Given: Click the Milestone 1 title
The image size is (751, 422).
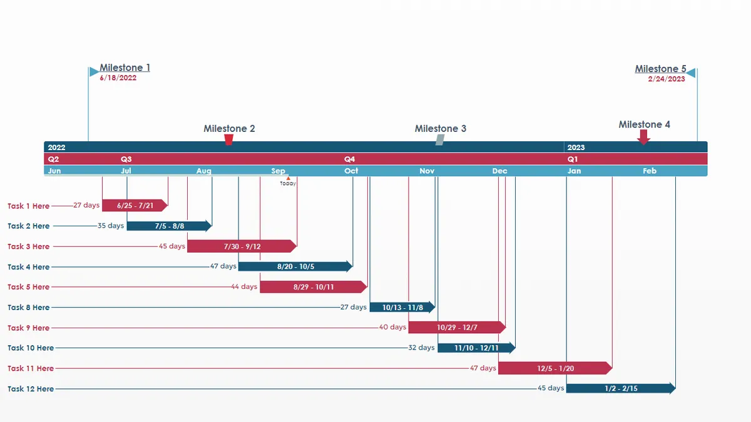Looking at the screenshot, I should [125, 68].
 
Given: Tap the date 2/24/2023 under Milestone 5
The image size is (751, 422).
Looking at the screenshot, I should [667, 79].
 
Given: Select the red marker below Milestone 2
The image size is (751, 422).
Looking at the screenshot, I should [229, 139].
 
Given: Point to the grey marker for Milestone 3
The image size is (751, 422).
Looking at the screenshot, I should [440, 139].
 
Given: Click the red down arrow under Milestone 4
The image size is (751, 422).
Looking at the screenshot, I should [644, 137].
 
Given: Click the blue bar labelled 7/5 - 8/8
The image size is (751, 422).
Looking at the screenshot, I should [169, 226].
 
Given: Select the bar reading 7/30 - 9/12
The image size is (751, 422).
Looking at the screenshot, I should [242, 246].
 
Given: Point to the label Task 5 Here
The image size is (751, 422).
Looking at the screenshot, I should [28, 287].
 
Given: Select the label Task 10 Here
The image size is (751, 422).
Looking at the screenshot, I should [31, 348].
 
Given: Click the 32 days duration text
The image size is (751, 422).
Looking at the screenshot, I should [421, 348].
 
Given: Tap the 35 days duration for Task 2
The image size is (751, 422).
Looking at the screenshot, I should [111, 226].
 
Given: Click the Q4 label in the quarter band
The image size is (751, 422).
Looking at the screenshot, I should [349, 159].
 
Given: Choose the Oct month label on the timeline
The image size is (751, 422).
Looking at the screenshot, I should [351, 171].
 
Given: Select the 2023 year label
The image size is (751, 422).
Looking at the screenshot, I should [576, 148].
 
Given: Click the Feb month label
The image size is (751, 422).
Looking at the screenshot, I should [650, 171].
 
